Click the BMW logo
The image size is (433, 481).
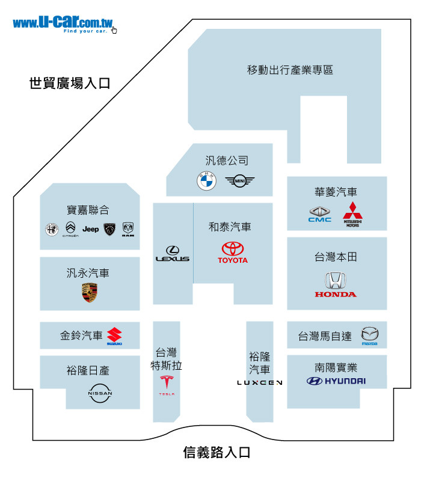[206, 181]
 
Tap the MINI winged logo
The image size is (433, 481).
[240, 180]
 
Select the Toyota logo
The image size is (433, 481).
[233, 253]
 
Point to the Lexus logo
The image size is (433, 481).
[173, 254]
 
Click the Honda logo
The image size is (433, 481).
[335, 284]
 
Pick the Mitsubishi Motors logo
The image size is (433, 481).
[352, 214]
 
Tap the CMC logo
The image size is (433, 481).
[320, 214]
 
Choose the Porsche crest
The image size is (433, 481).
[90, 293]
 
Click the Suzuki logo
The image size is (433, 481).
[114, 336]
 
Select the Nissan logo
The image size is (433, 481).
[100, 393]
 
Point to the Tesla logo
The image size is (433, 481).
[167, 385]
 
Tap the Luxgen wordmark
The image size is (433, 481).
[260, 382]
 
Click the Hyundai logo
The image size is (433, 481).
[336, 381]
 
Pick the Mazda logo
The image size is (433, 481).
[369, 336]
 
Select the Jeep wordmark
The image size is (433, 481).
[91, 229]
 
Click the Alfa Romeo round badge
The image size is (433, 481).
[51, 229]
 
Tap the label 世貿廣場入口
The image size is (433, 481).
[70, 84]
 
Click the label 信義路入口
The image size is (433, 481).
[216, 453]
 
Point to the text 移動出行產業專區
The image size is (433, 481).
[290, 70]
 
